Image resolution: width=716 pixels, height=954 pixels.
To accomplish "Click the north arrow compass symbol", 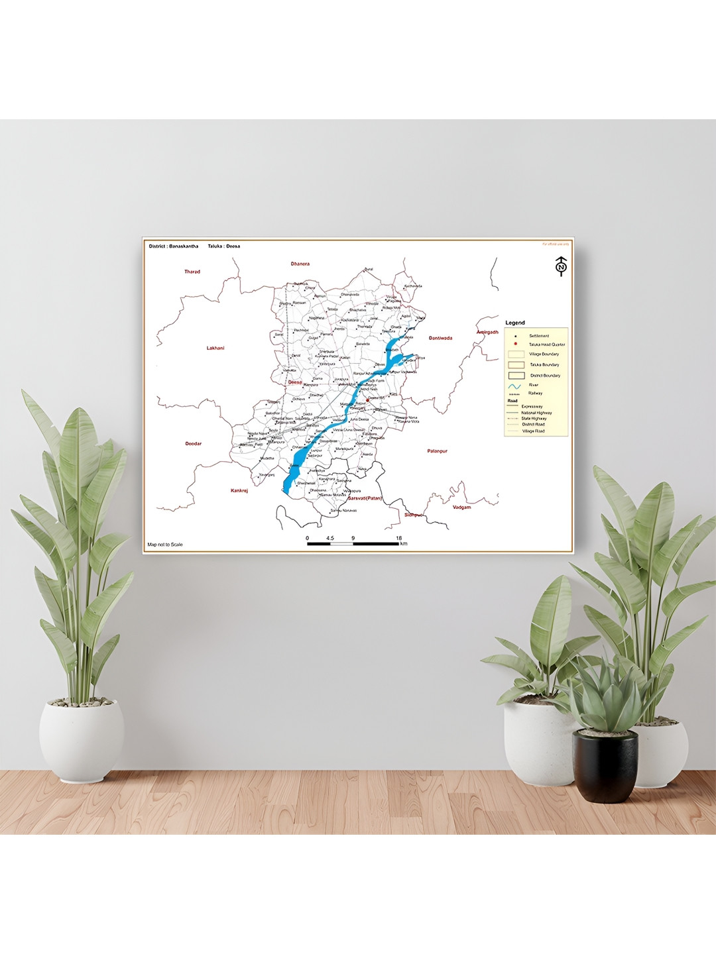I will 561,266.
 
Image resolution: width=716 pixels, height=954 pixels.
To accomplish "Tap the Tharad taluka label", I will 192,272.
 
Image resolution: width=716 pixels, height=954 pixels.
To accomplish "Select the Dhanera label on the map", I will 300,264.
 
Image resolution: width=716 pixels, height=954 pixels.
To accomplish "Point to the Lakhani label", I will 215,348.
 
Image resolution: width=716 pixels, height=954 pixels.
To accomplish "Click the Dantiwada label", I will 440,338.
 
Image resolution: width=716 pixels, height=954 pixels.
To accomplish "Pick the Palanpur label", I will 437,451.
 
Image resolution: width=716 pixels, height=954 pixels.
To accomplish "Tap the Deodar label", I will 193,444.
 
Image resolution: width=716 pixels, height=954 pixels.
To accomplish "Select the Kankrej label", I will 239,490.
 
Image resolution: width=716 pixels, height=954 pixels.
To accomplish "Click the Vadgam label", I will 461,507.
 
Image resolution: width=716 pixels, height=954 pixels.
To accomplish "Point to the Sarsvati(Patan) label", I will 365,498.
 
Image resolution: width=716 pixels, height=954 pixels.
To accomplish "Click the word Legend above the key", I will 515,323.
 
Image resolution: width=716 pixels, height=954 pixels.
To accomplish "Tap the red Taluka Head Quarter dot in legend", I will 515,344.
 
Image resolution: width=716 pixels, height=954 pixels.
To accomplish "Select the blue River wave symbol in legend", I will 515,386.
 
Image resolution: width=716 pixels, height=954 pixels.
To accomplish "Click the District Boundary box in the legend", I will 516,376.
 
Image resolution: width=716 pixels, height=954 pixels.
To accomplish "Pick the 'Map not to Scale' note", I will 165,545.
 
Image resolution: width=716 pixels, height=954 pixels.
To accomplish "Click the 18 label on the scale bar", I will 398,538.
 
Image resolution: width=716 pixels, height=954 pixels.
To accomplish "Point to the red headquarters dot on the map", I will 368,399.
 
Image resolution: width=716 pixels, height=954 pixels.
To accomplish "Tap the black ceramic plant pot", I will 605,765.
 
